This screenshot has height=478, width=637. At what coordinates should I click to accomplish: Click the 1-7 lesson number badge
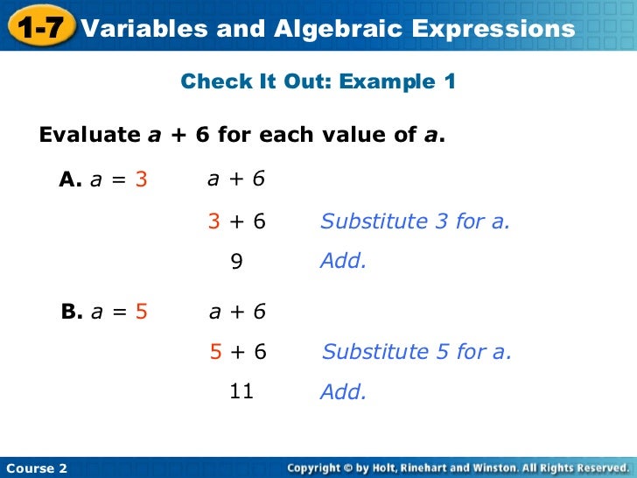click(39, 28)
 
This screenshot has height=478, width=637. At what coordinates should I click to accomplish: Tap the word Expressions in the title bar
click(493, 29)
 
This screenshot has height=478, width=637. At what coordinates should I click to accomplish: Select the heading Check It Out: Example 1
click(318, 82)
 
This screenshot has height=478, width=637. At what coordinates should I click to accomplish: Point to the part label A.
click(70, 179)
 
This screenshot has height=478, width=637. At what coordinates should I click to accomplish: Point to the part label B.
click(72, 312)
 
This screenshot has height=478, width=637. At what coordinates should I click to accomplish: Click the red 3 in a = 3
click(141, 179)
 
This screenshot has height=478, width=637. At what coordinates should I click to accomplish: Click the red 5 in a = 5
click(142, 312)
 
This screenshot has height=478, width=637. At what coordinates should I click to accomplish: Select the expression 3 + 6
click(236, 221)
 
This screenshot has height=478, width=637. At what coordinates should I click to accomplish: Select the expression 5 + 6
click(238, 352)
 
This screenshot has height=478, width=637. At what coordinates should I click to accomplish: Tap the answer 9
click(236, 261)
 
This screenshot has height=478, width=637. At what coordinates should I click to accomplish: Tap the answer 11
click(241, 391)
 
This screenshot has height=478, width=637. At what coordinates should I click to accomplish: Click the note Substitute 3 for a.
click(415, 221)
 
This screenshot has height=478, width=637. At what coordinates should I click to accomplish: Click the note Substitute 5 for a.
click(416, 352)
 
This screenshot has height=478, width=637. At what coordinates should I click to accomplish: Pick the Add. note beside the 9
click(343, 261)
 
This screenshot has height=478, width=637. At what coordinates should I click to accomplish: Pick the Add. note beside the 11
click(343, 392)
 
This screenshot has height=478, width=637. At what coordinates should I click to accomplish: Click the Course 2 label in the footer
click(36, 468)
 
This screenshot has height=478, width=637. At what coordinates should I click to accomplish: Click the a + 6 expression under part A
click(236, 179)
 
